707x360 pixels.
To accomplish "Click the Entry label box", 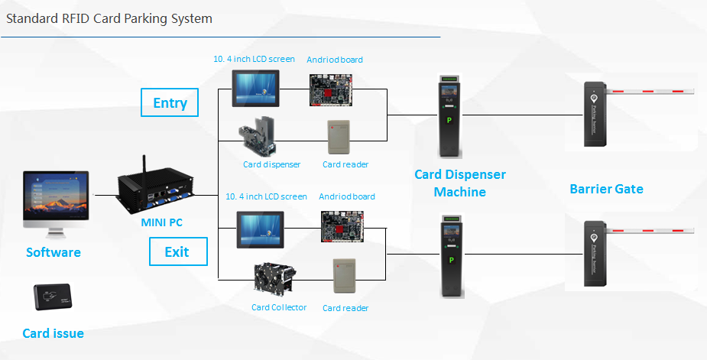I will [x=170, y=102].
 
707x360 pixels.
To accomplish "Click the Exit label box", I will [x=176, y=251].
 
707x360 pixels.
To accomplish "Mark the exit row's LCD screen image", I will [x=261, y=228].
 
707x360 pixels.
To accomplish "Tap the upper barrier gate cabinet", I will [x=594, y=114].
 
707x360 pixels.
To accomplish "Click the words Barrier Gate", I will [x=606, y=189].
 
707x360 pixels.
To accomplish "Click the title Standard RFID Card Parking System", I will [x=109, y=18].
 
